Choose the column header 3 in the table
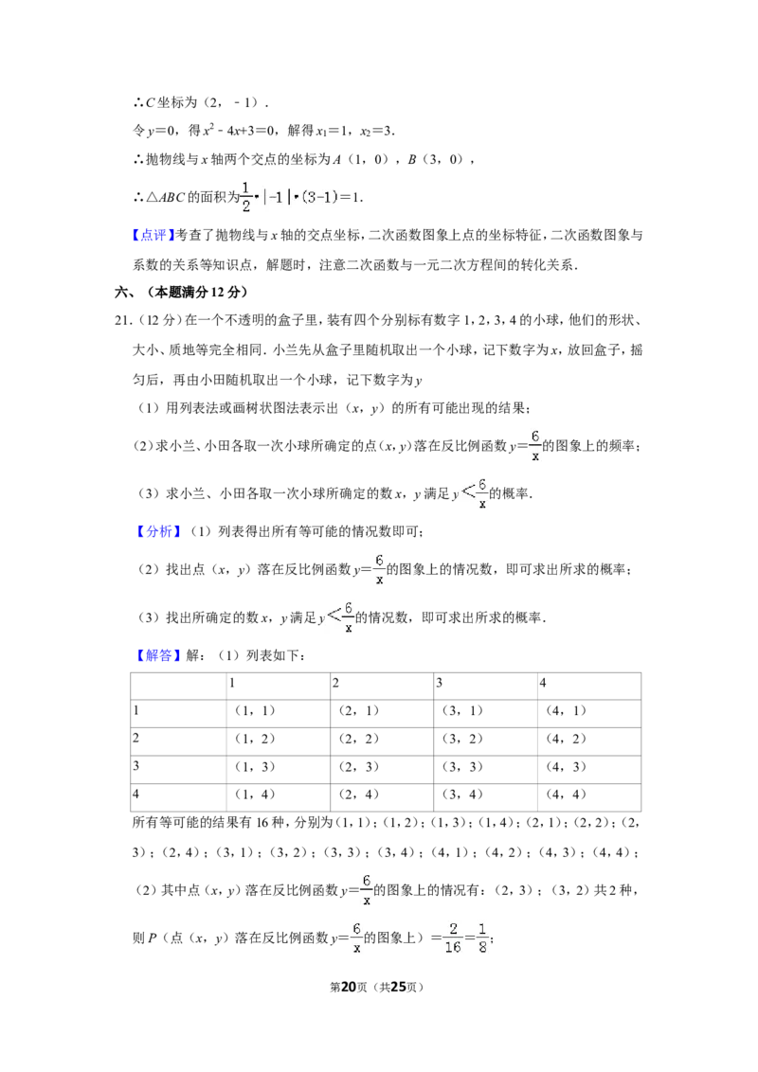tap(440, 682)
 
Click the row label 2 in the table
tap(135, 738)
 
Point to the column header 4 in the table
tap(543, 682)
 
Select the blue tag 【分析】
tap(157, 531)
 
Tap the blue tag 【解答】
tap(157, 655)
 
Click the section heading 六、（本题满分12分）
tap(181, 292)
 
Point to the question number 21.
tap(122, 320)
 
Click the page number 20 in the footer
tap(349, 987)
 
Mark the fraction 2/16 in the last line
tap(453, 938)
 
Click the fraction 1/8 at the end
tap(482, 938)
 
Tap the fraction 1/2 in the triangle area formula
tap(246, 197)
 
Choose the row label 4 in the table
tap(135, 794)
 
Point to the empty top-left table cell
tap(178, 686)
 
